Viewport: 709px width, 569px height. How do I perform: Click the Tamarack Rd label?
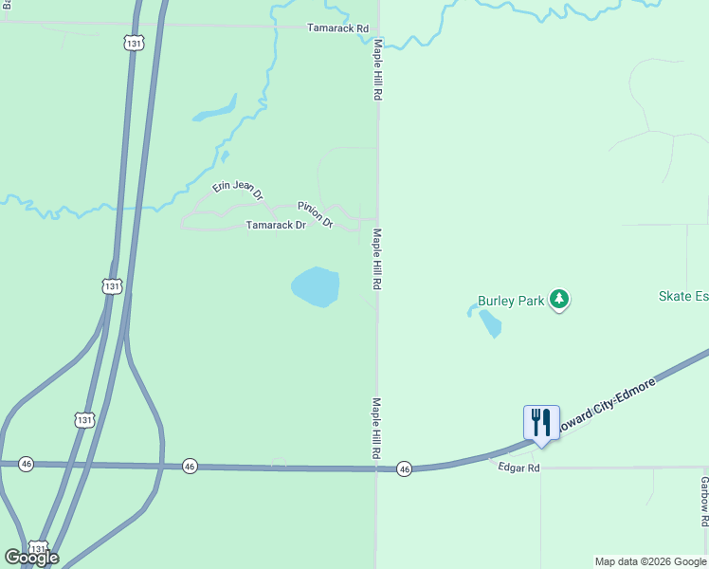(x=337, y=28)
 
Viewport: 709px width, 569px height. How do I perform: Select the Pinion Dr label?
(x=315, y=214)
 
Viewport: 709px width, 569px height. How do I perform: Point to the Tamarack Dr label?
(x=276, y=226)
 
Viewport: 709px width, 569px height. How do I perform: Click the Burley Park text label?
(x=511, y=301)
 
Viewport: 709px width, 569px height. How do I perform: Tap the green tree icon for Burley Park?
(x=560, y=300)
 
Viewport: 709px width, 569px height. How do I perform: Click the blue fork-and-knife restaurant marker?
(x=541, y=423)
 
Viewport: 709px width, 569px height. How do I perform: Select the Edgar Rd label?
(x=519, y=468)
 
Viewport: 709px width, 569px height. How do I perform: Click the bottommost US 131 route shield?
(x=38, y=549)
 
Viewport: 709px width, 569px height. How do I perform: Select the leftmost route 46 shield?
(x=26, y=464)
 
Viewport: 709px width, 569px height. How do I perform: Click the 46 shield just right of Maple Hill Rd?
(x=405, y=468)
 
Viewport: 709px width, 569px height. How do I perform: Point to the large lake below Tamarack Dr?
(x=315, y=286)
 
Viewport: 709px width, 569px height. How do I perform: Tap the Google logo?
(x=31, y=558)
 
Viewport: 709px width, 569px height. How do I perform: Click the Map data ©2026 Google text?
(x=650, y=561)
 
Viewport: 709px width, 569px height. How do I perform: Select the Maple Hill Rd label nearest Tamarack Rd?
(x=377, y=71)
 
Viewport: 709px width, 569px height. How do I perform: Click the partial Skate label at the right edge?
(x=683, y=296)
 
